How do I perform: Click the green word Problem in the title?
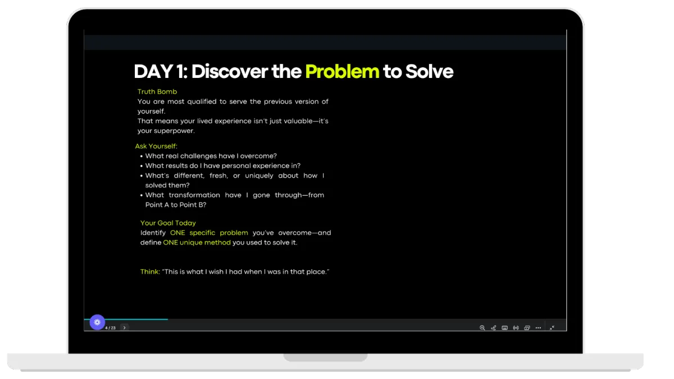click(x=342, y=72)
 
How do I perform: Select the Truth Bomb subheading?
click(x=157, y=91)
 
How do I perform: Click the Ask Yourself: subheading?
click(x=156, y=146)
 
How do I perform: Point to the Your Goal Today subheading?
click(x=168, y=223)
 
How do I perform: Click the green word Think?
click(x=149, y=271)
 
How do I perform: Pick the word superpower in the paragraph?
click(x=174, y=131)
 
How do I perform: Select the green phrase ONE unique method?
click(x=197, y=242)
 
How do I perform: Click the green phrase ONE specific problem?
click(x=209, y=233)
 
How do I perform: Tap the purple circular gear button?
click(x=97, y=322)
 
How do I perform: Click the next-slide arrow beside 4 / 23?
click(x=124, y=327)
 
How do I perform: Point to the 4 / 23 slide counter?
click(x=111, y=328)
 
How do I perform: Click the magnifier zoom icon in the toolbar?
click(x=482, y=327)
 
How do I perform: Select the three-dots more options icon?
click(x=538, y=327)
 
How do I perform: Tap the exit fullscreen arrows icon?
click(x=552, y=327)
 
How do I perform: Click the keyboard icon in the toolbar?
click(x=504, y=327)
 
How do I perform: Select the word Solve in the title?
click(x=429, y=71)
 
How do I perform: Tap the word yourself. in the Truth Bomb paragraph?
click(x=151, y=112)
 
